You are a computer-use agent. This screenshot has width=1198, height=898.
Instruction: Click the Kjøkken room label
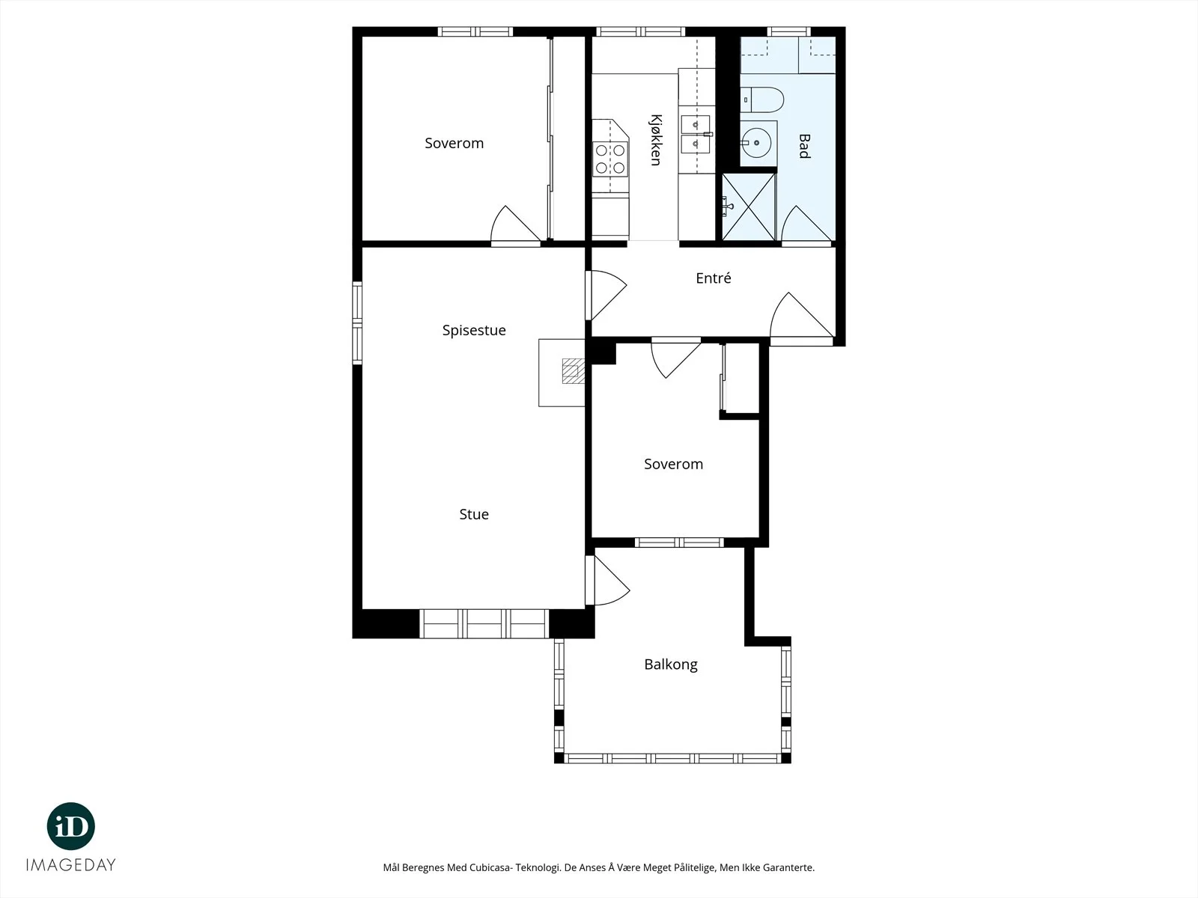(x=655, y=140)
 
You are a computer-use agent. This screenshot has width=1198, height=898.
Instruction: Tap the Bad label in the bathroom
(x=804, y=146)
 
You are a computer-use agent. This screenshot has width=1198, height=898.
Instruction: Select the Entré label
(x=714, y=278)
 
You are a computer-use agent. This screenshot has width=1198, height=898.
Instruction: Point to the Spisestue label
(x=474, y=331)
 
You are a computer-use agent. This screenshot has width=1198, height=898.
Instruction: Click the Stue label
(x=474, y=514)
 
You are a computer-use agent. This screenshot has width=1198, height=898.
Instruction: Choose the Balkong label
(x=671, y=664)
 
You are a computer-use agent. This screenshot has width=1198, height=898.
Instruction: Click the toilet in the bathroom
(x=762, y=100)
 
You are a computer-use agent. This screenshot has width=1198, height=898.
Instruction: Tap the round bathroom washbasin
(x=757, y=143)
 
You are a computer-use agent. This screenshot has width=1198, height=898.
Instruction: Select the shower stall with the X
(x=748, y=207)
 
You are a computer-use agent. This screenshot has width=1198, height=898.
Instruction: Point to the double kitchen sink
(x=696, y=134)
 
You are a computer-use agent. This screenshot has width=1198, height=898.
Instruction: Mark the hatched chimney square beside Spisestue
(x=573, y=370)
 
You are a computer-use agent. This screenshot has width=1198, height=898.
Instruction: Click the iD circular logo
(x=71, y=826)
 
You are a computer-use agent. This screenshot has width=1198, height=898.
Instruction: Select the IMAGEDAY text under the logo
(x=71, y=865)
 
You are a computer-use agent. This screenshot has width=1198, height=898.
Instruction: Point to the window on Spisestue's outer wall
(x=357, y=323)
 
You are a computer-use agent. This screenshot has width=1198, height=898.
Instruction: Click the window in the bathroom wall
(x=788, y=31)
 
